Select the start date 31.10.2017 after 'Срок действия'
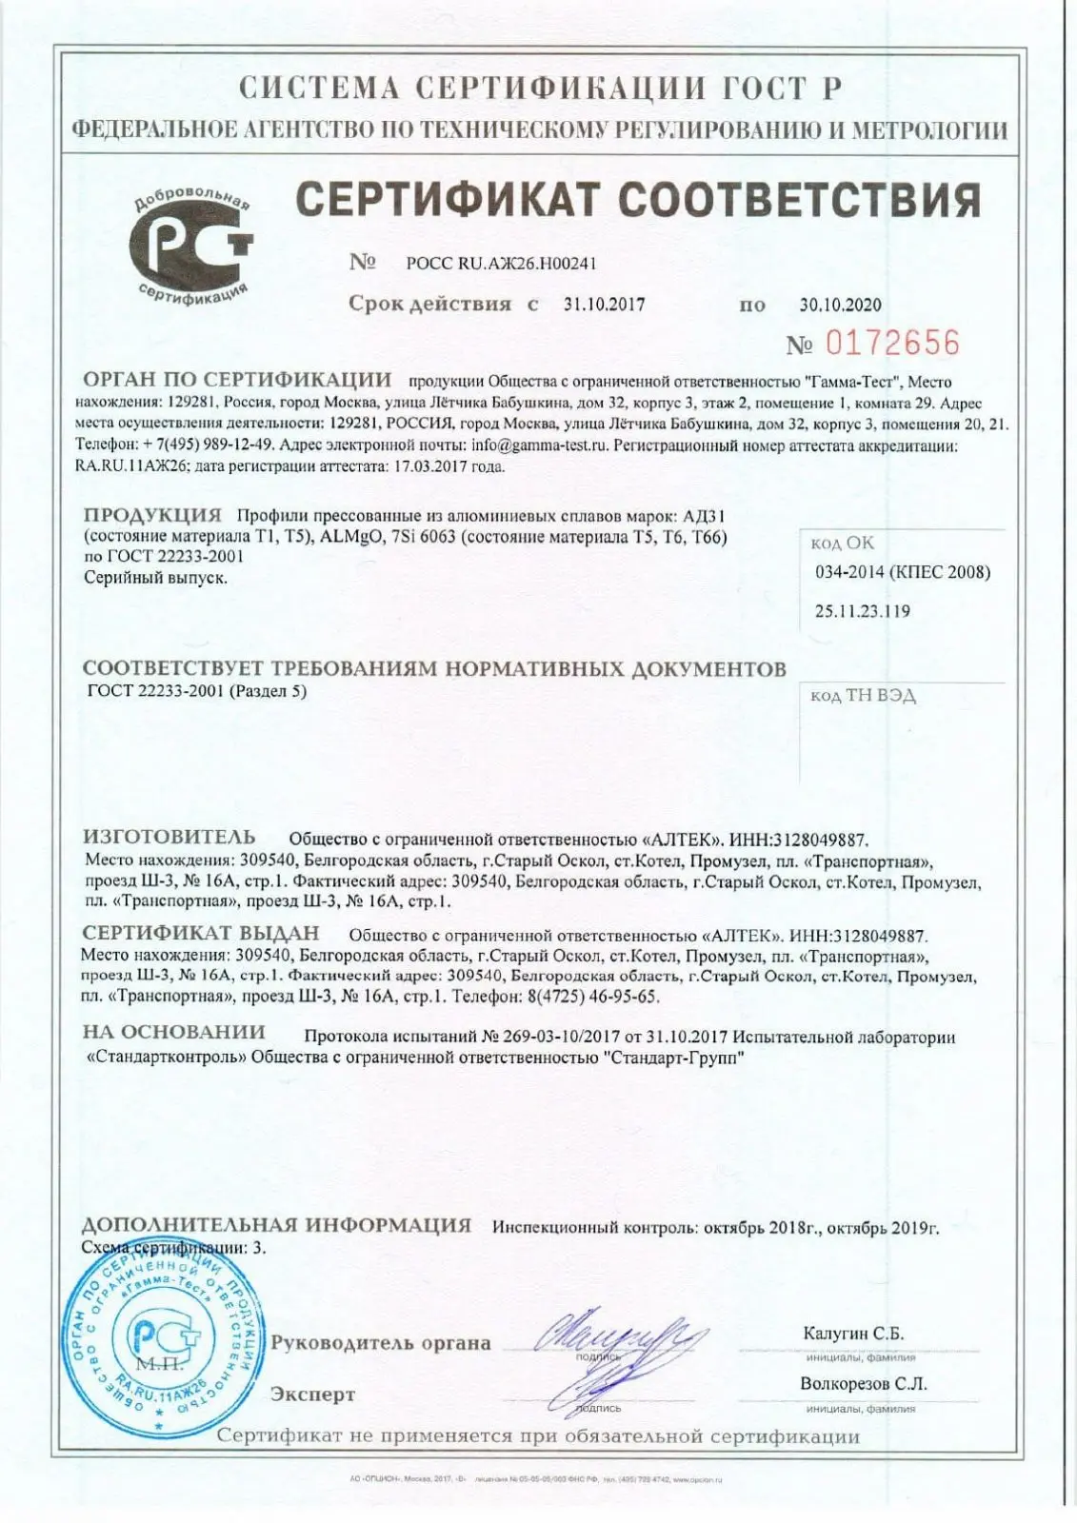point(604,305)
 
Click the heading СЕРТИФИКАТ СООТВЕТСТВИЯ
point(637,199)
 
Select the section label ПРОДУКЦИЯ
point(152,516)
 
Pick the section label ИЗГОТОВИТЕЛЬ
point(170,838)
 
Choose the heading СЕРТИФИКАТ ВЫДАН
point(201,934)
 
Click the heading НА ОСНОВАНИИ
point(173,1032)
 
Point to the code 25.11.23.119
point(862,611)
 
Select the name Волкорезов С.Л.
point(863,1384)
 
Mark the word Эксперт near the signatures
point(312,1394)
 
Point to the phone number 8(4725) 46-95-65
point(598,996)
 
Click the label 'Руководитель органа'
point(381,1343)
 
